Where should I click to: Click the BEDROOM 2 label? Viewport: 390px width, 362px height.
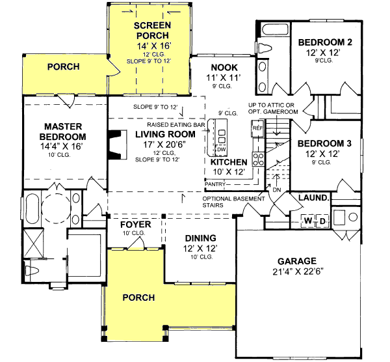pos(325,43)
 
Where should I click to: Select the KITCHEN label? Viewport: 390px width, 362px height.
pos(228,161)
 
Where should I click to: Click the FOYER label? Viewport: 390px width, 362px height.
pos(136,225)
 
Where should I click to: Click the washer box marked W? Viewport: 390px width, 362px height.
pos(309,221)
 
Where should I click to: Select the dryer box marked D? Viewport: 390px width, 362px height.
pos(322,221)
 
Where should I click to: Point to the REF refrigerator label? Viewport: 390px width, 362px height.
pos(257,129)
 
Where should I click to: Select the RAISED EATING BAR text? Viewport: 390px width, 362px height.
pos(176,123)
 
